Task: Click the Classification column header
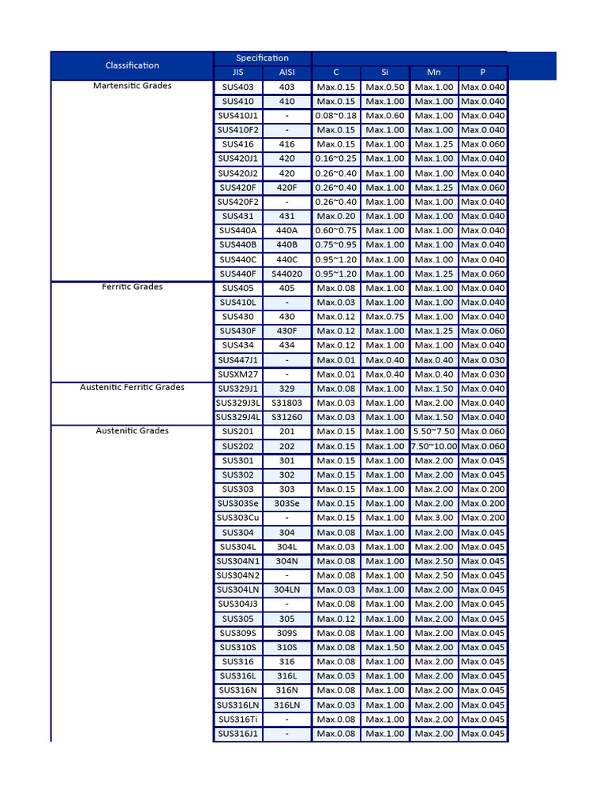[132, 65]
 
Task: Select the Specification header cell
[262, 58]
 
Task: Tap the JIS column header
[238, 72]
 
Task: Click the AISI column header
[286, 72]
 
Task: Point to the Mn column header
[433, 72]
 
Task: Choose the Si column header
[384, 72]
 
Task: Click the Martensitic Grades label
[132, 86]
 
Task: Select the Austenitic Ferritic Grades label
[132, 388]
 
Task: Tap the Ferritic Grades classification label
[132, 287]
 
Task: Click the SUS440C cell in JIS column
[238, 259]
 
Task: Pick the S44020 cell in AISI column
[286, 273]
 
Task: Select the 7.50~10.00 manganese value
[434, 446]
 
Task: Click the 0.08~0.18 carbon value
[335, 115]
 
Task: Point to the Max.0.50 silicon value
[384, 87]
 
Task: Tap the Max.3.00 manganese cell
[434, 518]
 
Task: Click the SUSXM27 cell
[238, 374]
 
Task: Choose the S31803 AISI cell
[286, 403]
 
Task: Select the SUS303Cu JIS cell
[238, 518]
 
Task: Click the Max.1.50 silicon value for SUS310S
[384, 647]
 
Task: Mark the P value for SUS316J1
[483, 734]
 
